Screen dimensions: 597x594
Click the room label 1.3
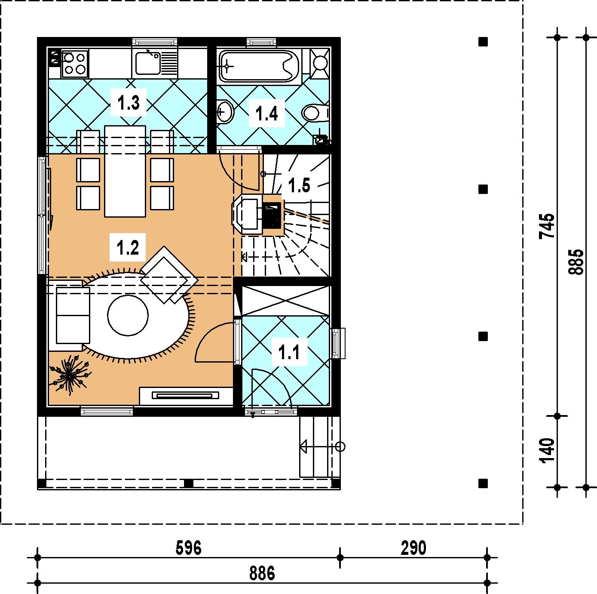click(x=129, y=103)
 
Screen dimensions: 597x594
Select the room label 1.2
click(x=128, y=247)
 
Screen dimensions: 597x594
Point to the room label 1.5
click(x=299, y=185)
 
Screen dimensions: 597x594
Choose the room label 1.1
click(x=289, y=352)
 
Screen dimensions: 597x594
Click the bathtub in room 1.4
click(x=259, y=66)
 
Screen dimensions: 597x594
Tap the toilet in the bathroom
click(x=315, y=113)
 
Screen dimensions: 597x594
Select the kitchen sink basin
click(x=148, y=63)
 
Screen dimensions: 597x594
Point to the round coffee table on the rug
click(x=128, y=315)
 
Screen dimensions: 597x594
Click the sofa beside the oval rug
click(x=73, y=315)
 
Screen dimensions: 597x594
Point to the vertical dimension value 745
click(x=547, y=225)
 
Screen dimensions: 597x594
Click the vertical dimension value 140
click(x=547, y=451)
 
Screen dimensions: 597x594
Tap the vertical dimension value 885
click(x=576, y=262)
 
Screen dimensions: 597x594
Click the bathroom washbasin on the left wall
click(x=225, y=111)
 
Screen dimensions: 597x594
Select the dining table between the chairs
click(x=125, y=171)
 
